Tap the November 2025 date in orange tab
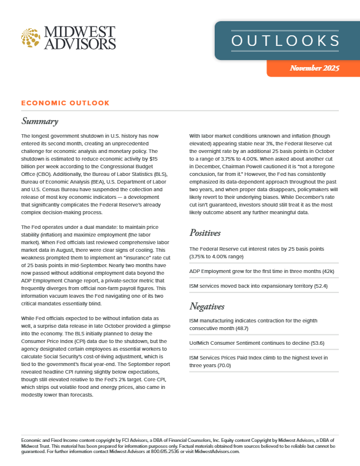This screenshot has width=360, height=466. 314,69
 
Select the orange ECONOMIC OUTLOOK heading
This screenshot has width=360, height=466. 65,103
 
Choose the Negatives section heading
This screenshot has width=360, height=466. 210,306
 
